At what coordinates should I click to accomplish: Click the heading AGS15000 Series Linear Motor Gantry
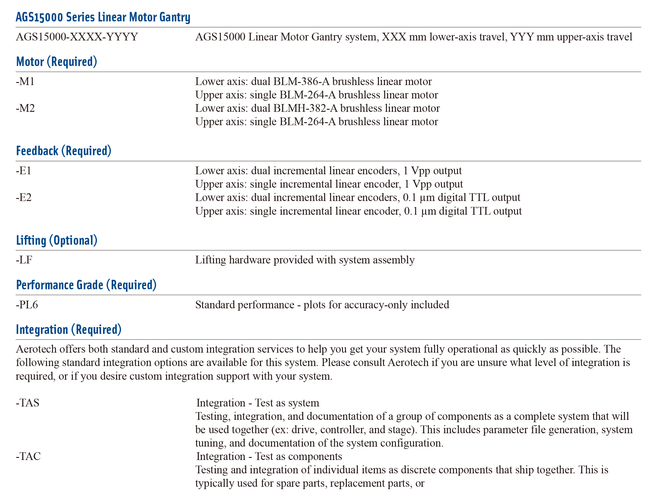tap(103, 17)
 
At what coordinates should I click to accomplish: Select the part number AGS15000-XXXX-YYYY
tap(77, 37)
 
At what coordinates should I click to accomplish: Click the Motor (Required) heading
tap(57, 62)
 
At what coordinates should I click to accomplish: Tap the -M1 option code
tap(25, 81)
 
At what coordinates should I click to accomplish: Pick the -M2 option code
tap(25, 108)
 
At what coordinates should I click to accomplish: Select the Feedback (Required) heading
tap(64, 151)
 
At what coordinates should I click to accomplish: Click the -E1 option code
tap(23, 171)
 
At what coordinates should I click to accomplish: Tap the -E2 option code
tap(24, 197)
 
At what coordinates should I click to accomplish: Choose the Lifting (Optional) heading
tap(57, 240)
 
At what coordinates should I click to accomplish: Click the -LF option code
tap(24, 260)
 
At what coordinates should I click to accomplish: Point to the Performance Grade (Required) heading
tap(86, 285)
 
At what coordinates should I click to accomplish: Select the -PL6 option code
tap(27, 305)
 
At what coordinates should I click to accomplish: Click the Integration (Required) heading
tap(69, 330)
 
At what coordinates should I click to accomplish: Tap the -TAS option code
tap(28, 403)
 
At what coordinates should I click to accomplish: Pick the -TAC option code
tap(28, 456)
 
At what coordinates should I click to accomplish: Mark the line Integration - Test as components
tap(269, 456)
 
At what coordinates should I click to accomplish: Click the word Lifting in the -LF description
tap(210, 260)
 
